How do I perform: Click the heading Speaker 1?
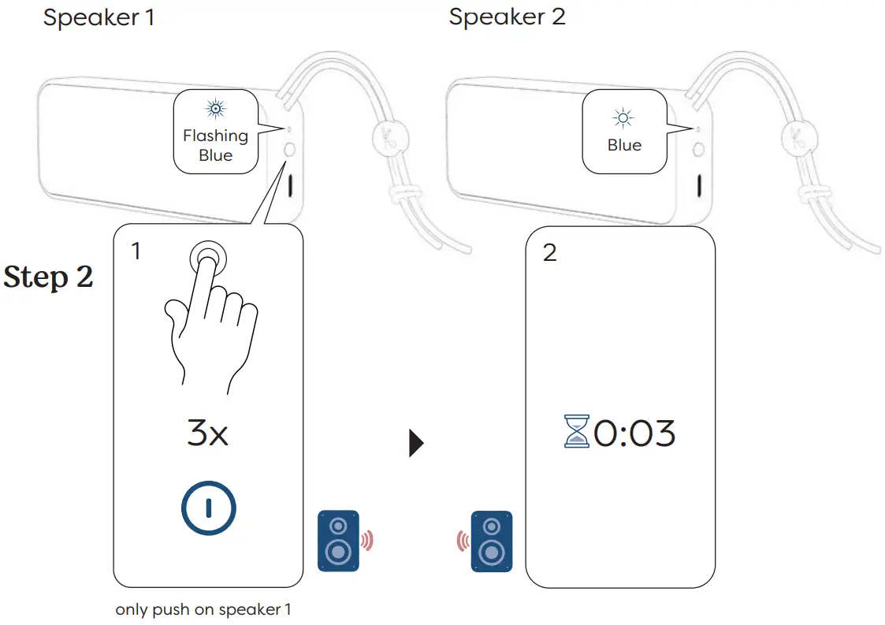[99, 17]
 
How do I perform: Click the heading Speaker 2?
[507, 17]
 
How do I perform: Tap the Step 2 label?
[49, 277]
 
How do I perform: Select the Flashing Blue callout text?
[215, 145]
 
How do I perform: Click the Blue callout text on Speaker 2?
[624, 146]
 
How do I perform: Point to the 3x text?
[207, 434]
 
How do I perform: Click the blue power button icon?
[208, 508]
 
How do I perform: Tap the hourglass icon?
[577, 432]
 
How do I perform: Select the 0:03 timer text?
[634, 434]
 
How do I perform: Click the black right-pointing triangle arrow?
[416, 445]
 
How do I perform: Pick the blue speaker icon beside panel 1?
[338, 541]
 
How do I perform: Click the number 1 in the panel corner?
[136, 251]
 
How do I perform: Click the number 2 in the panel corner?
[549, 252]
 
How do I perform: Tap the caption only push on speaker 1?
[203, 609]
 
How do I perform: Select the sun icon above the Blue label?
[623, 119]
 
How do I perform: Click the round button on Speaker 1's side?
[289, 150]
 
